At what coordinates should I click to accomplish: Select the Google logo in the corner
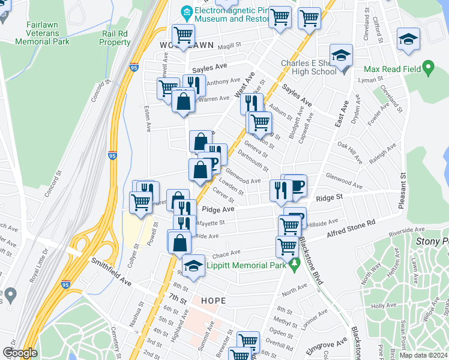point(20,353)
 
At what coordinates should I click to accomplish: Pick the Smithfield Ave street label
point(111,271)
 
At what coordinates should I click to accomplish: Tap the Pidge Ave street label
point(218,209)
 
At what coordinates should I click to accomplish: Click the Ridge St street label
point(328,197)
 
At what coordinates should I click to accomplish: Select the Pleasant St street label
point(403,191)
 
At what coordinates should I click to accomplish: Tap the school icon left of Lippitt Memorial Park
point(193,266)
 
